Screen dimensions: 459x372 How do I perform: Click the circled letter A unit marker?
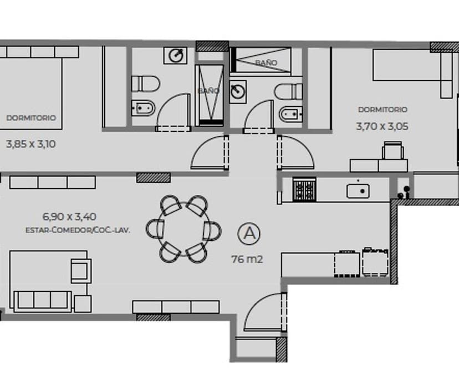[x=249, y=234]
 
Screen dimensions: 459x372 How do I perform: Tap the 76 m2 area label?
[x=247, y=259]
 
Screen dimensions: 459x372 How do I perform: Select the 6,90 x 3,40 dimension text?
[x=69, y=217]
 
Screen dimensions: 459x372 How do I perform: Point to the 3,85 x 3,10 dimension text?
[x=30, y=144]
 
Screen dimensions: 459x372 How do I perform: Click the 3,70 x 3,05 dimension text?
[x=382, y=127]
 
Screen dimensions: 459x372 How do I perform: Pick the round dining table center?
[x=183, y=229]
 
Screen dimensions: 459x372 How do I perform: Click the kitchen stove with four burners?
[x=304, y=189]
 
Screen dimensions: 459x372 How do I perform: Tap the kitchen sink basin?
[x=358, y=191]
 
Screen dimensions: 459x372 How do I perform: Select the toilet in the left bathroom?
[x=145, y=84]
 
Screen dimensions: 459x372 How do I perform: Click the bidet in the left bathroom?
[x=143, y=108]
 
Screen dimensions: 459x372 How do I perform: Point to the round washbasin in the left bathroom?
[x=175, y=55]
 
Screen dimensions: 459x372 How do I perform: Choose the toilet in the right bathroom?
[x=288, y=91]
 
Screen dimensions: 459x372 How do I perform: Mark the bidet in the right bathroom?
[x=290, y=114]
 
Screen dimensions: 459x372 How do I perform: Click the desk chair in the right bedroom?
[x=392, y=151]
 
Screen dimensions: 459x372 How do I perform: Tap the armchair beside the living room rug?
[x=81, y=271]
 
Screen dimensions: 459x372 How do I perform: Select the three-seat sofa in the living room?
[x=43, y=301]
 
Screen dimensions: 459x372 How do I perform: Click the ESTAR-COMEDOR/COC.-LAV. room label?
[x=78, y=230]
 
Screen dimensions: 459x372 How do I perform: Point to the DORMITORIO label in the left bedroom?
[x=31, y=118]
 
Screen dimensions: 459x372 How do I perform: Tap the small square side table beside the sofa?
[x=83, y=304]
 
